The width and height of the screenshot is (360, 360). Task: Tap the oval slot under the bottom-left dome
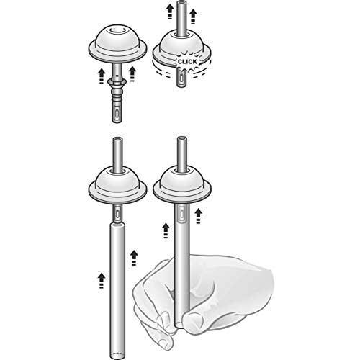point(117,213)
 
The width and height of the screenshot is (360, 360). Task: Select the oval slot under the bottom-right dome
point(181,214)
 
